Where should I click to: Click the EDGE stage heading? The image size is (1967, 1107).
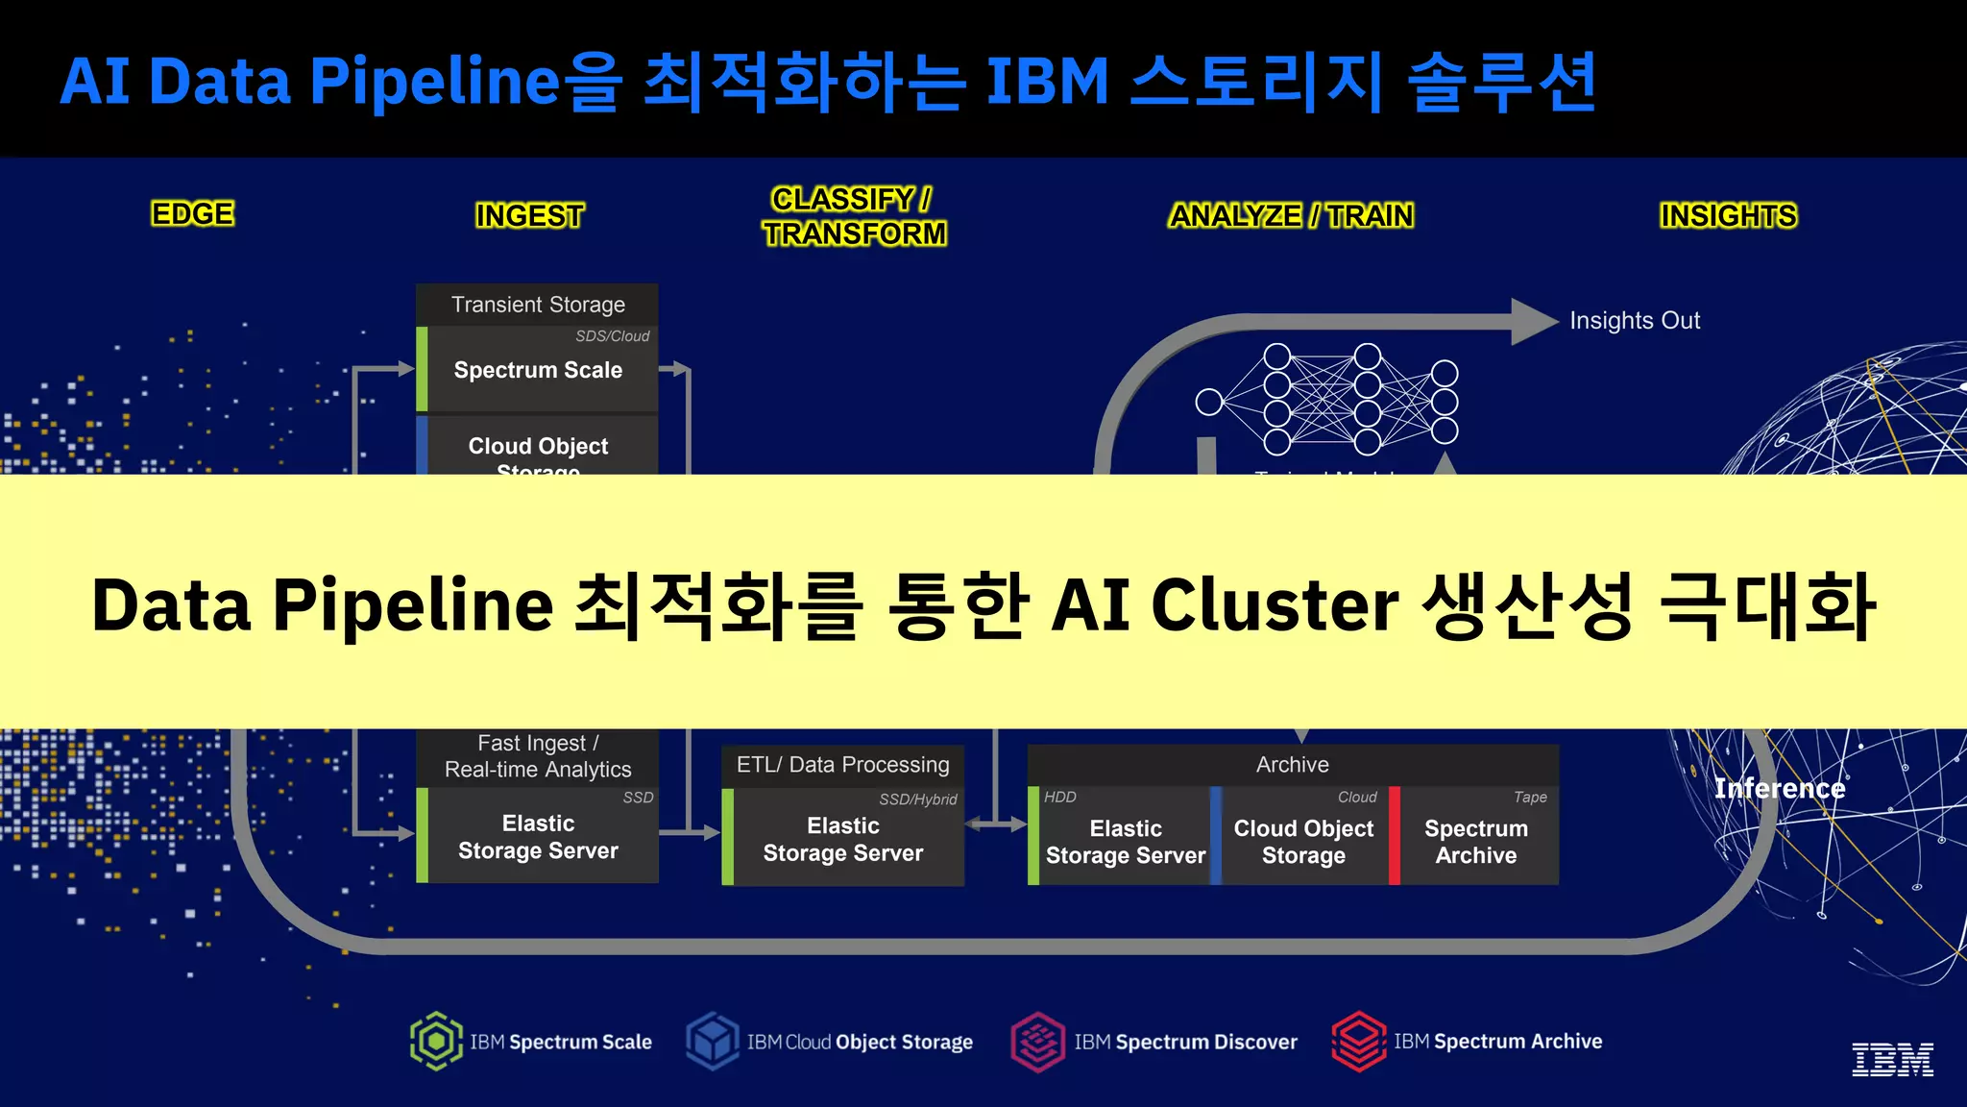pyautogui.click(x=192, y=213)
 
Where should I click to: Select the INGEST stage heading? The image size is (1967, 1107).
pyautogui.click(x=529, y=215)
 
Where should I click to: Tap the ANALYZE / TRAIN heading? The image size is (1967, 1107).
pyautogui.click(x=1291, y=215)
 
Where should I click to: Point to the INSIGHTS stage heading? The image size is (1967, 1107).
pyautogui.click(x=1728, y=215)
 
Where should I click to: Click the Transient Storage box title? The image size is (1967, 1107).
pyautogui.click(x=538, y=305)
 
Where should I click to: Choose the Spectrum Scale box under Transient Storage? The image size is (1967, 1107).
pyautogui.click(x=538, y=370)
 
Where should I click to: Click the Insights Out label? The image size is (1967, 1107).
pyautogui.click(x=1635, y=320)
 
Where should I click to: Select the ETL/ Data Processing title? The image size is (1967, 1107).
pyautogui.click(x=842, y=765)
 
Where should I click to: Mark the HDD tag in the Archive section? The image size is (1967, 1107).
pyautogui.click(x=1060, y=797)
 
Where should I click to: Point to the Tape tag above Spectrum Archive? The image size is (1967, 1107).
pyautogui.click(x=1530, y=797)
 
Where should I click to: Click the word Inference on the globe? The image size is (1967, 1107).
pyautogui.click(x=1780, y=789)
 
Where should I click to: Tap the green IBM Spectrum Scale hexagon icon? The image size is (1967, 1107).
pyautogui.click(x=437, y=1041)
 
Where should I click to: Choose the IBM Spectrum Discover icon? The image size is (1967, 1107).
pyautogui.click(x=1037, y=1042)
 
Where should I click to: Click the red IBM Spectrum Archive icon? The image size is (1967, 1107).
pyautogui.click(x=1359, y=1041)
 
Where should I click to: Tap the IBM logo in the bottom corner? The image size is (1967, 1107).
pyautogui.click(x=1892, y=1059)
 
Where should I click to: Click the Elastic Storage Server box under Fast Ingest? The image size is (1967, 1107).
pyautogui.click(x=538, y=837)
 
